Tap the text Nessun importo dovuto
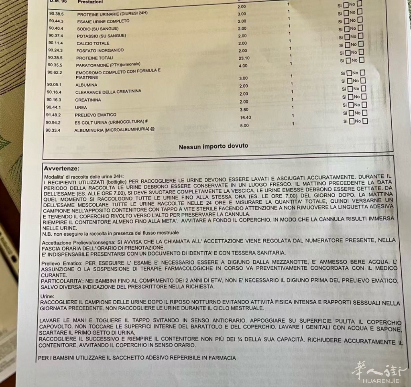213,146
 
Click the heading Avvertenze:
61,168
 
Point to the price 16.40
245,118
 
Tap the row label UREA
81,108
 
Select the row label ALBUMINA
86,85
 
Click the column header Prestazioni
90,2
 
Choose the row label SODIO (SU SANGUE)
98,29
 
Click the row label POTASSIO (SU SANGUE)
101,36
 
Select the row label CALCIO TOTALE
93,43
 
